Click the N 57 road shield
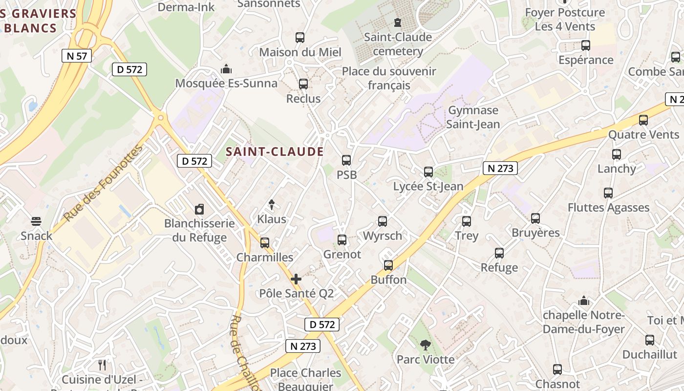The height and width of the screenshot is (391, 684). pos(77,56)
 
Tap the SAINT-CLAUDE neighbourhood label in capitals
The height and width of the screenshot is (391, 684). pos(275,152)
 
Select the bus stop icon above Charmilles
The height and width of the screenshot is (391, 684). pos(265,242)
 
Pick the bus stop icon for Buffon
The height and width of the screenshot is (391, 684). pos(388,265)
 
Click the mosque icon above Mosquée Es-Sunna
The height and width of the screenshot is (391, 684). pos(226,69)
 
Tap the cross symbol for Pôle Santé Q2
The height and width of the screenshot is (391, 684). pos(296,279)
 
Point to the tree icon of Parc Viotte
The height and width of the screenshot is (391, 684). pos(425,345)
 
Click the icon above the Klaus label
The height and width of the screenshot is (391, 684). pos(272,205)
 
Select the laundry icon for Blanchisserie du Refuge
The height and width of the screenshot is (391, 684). pos(199,210)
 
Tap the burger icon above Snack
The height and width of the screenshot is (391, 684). pos(36,221)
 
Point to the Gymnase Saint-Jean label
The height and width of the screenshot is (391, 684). pos(473,117)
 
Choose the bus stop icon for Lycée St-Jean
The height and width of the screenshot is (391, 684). pos(428,172)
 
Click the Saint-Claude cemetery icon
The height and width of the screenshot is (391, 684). pos(397,22)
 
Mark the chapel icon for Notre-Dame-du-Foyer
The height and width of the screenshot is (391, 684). pos(583,301)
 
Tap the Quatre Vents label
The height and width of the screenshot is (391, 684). pos(643,134)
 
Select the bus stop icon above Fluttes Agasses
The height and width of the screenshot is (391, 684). pos(608,193)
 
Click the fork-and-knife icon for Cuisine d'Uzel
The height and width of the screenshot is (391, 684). pos(102,365)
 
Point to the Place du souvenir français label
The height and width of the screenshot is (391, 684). pos(389,78)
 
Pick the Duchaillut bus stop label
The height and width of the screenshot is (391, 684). pos(649,354)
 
